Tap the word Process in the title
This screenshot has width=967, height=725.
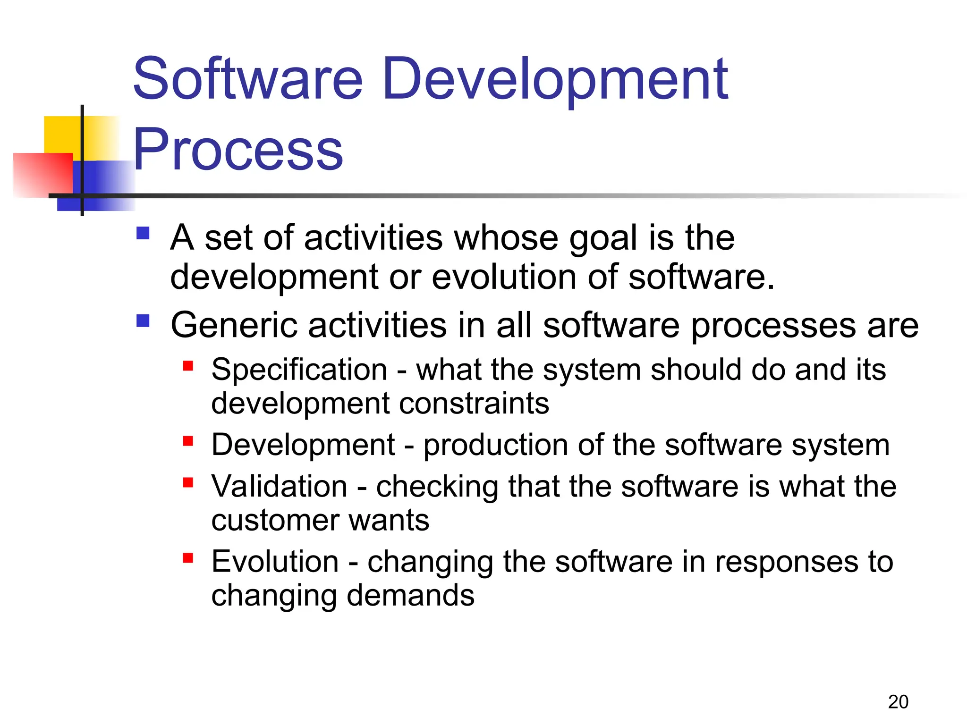pyautogui.click(x=238, y=150)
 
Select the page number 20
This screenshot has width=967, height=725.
pyautogui.click(x=898, y=702)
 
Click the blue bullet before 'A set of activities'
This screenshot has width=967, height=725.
pyautogui.click(x=143, y=233)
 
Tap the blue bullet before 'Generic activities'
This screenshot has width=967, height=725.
pyautogui.click(x=143, y=321)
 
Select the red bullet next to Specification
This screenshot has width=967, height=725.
pyautogui.click(x=188, y=366)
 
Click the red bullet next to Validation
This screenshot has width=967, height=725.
pyautogui.click(x=188, y=482)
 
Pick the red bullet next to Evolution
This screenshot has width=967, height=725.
pyautogui.click(x=188, y=558)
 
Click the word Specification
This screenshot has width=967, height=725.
pyautogui.click(x=299, y=370)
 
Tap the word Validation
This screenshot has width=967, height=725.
pyautogui.click(x=279, y=486)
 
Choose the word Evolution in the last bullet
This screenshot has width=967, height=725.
pyautogui.click(x=275, y=562)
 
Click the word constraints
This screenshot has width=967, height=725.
pyautogui.click(x=474, y=404)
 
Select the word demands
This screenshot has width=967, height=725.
pyautogui.click(x=410, y=596)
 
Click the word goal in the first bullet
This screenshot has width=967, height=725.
pyautogui.click(x=603, y=238)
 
